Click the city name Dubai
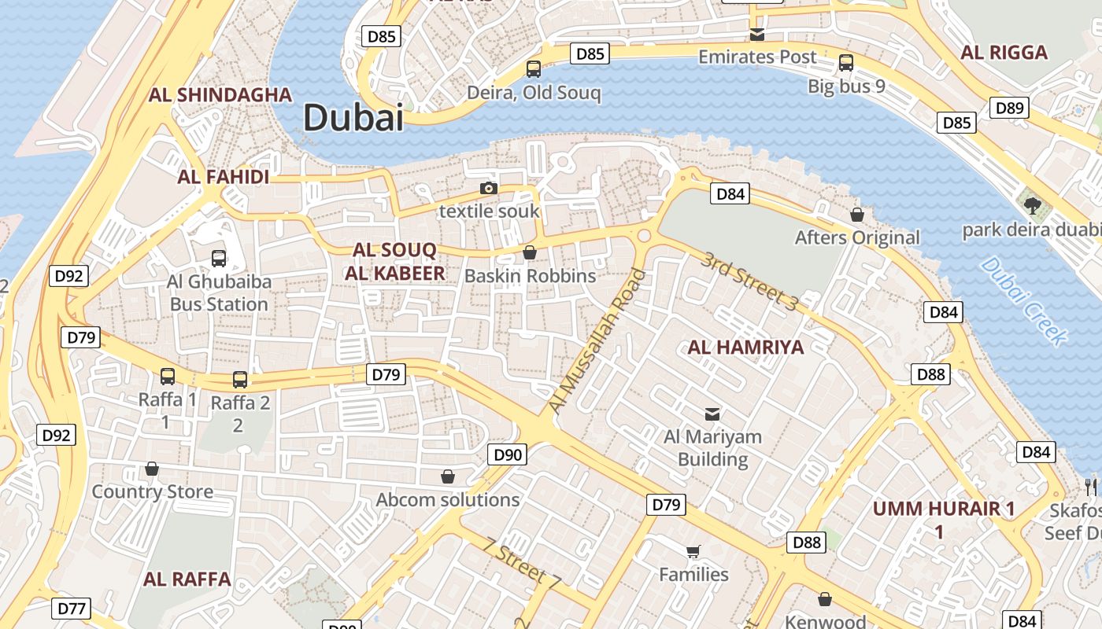click(x=353, y=118)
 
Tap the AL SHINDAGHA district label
click(x=220, y=95)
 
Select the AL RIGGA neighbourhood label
click(x=1004, y=53)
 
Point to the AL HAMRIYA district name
click(x=745, y=347)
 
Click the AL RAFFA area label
click(x=187, y=579)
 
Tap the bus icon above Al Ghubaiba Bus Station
click(x=219, y=258)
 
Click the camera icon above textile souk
click(x=489, y=189)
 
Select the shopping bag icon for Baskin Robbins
click(x=530, y=252)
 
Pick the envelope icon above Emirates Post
click(x=757, y=34)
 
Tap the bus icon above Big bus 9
click(x=846, y=63)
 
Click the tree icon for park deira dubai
click(x=1033, y=206)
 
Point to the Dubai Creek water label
click(x=1024, y=300)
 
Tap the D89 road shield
click(x=1009, y=108)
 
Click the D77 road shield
click(x=72, y=608)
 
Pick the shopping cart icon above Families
click(x=693, y=551)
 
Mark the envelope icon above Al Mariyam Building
click(x=712, y=414)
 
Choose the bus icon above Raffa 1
click(x=168, y=377)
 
